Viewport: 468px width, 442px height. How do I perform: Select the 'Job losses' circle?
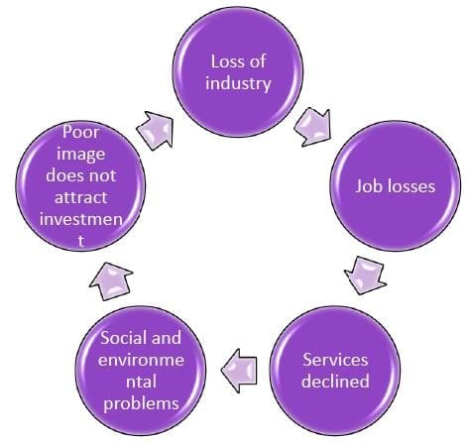[395, 186]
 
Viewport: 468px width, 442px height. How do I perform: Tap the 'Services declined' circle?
[335, 369]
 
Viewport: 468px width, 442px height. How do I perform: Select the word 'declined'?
[335, 382]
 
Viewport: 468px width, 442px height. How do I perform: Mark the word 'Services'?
[335, 359]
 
